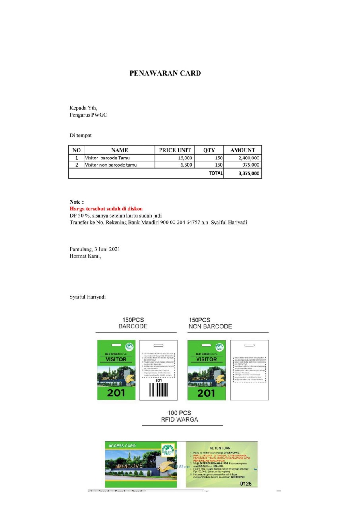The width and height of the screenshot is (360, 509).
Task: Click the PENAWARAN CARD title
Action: point(165,73)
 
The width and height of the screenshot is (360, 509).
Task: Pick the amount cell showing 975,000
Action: point(251,165)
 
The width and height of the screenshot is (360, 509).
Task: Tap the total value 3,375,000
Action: point(249,173)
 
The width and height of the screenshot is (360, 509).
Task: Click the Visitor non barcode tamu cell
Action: point(111,165)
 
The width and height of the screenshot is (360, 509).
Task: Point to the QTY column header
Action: point(209,150)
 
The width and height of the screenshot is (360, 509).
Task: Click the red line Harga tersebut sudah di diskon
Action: point(106,209)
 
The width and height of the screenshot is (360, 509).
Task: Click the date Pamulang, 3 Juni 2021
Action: point(95,249)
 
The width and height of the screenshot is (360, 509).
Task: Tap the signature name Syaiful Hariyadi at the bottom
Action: point(88,297)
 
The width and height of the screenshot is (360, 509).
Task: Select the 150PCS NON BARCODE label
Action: point(210,323)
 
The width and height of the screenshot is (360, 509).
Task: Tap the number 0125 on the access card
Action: point(247,484)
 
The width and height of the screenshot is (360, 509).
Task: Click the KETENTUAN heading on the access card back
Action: point(220,448)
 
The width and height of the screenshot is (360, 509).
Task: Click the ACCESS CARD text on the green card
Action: point(122,446)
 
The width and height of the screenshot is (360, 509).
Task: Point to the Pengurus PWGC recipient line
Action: point(88,115)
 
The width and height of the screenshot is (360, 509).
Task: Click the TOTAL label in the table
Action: point(216,173)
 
